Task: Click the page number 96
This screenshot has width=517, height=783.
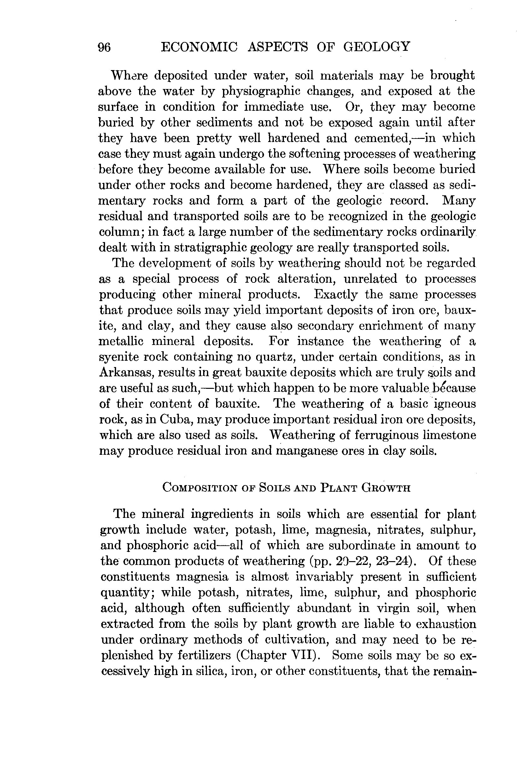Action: pos(104,47)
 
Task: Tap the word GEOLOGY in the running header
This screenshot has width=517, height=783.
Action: pos(377,46)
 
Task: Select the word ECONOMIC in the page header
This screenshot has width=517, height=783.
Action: pos(199,46)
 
